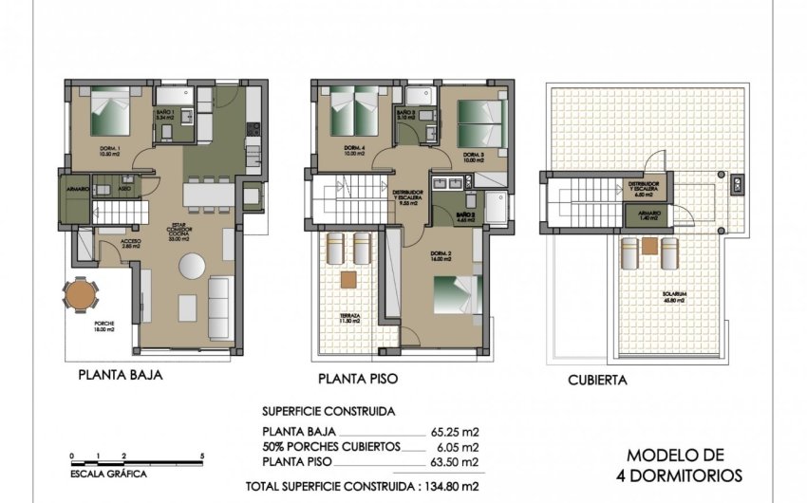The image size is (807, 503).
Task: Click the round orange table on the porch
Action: click(x=81, y=297)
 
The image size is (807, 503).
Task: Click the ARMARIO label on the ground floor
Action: click(x=78, y=190)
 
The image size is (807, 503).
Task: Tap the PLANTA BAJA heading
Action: click(x=121, y=375)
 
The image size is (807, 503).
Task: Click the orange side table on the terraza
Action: click(x=347, y=279)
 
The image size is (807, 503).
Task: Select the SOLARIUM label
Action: click(x=675, y=295)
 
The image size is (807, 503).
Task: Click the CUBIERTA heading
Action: click(x=596, y=380)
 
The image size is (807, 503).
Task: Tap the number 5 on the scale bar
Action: click(x=202, y=456)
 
